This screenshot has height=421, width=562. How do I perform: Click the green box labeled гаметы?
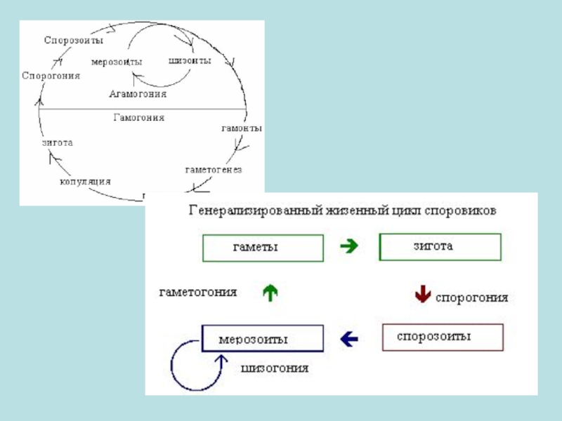coord(263,248)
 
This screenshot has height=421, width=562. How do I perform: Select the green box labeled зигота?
coord(440,247)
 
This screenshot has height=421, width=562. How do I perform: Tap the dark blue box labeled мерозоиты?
coord(263,338)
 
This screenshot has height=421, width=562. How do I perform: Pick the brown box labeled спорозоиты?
coord(443,337)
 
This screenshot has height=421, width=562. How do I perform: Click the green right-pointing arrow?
coord(349,246)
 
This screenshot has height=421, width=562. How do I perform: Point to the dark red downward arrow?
coord(422,294)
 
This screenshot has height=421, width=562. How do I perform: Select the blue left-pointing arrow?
coord(348,339)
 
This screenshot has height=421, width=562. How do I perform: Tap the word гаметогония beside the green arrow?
coord(199,292)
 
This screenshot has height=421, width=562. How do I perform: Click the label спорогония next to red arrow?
coord(472,298)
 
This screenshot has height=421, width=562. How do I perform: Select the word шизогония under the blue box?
coord(275,368)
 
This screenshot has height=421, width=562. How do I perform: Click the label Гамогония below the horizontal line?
coord(139,118)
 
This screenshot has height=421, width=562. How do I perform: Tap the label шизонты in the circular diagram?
coord(190,61)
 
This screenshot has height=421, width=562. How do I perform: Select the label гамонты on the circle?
coord(242,129)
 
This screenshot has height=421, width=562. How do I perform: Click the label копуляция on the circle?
coord(85,181)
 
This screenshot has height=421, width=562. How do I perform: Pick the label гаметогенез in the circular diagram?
coord(214,170)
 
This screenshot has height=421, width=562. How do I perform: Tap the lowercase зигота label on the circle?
coord(57,142)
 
